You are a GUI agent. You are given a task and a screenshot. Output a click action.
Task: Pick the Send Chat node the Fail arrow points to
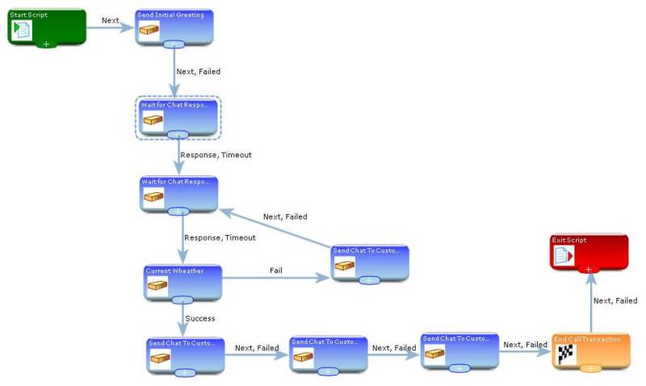pyautogui.click(x=370, y=263)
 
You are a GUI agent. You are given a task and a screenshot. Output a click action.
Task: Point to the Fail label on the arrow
pyautogui.click(x=276, y=269)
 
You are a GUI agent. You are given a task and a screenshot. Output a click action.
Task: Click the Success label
pyautogui.click(x=200, y=318)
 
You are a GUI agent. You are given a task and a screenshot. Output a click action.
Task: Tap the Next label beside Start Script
pyautogui.click(x=111, y=20)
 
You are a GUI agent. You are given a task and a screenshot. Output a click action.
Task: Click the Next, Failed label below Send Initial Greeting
pyautogui.click(x=198, y=72)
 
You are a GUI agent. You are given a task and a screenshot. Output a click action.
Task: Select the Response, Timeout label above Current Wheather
pyautogui.click(x=220, y=237)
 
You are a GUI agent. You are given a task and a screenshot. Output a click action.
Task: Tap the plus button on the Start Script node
pyautogui.click(x=46, y=44)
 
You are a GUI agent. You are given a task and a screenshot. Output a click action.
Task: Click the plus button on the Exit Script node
pyautogui.click(x=589, y=269)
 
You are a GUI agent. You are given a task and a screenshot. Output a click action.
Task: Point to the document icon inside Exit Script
pyautogui.click(x=563, y=256)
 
